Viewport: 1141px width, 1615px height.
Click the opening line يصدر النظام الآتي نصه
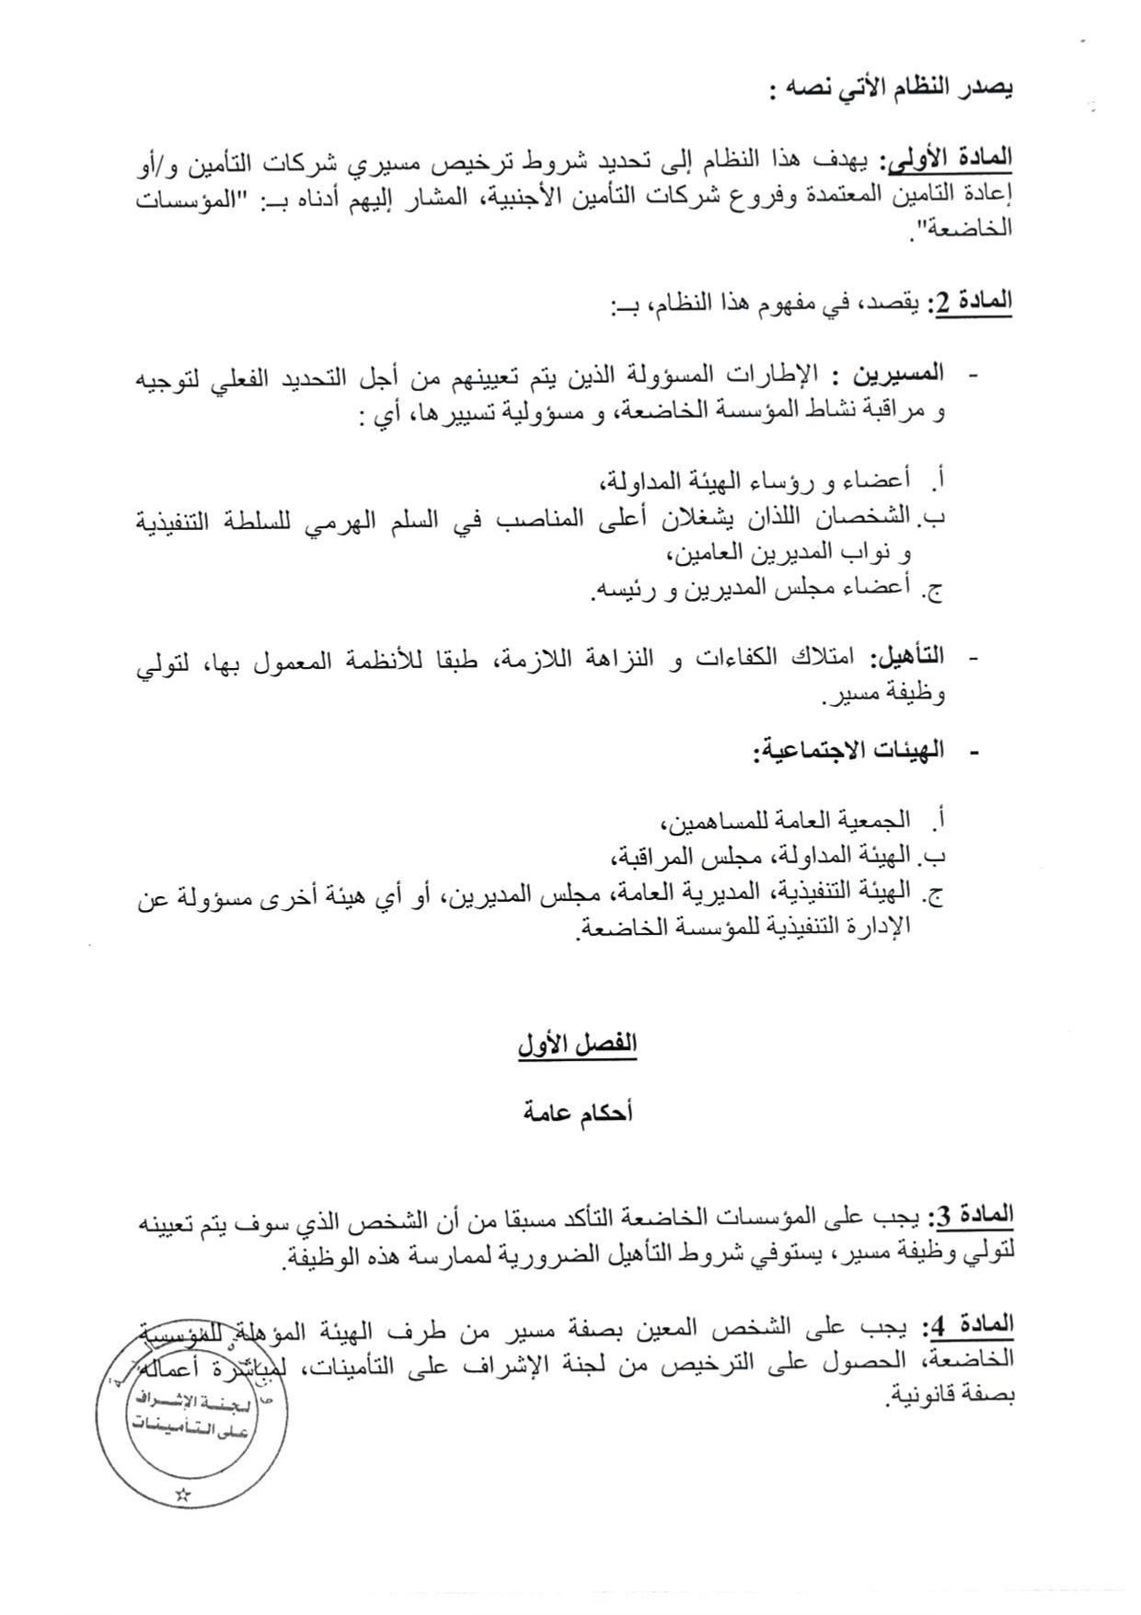point(891,89)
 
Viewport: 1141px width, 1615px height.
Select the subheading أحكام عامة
point(577,1113)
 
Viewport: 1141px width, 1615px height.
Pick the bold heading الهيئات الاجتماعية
point(847,750)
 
